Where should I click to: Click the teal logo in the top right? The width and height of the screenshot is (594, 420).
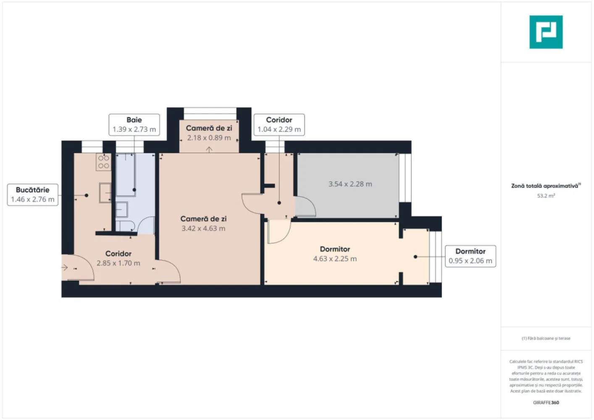546,32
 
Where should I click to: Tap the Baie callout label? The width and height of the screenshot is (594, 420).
134,125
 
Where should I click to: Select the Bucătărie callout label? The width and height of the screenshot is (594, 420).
32,194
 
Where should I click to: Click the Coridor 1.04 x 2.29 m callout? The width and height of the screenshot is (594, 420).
279,125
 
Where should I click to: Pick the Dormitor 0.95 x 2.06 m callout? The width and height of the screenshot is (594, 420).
470,256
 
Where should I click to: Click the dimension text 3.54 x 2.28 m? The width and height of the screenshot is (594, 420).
350,184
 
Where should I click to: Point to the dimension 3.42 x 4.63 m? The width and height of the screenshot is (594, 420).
203,228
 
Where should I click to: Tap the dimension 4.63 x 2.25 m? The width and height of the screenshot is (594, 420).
335,259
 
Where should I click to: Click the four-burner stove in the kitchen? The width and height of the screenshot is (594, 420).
104,162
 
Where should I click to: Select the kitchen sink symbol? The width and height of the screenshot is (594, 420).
105,193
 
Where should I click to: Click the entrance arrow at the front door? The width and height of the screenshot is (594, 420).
65,267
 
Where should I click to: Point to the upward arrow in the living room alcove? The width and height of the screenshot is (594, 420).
209,149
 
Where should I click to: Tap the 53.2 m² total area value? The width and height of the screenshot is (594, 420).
546,196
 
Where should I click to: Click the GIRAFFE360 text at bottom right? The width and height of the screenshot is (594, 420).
546,402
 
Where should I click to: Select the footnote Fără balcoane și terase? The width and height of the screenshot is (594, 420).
546,338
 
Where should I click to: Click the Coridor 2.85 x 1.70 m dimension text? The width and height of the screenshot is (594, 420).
118,263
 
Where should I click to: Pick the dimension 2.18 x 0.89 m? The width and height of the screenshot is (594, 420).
209,138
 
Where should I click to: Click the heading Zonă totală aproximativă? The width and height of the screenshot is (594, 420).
545,186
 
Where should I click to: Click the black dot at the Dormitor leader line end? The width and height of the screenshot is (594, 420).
415,257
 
